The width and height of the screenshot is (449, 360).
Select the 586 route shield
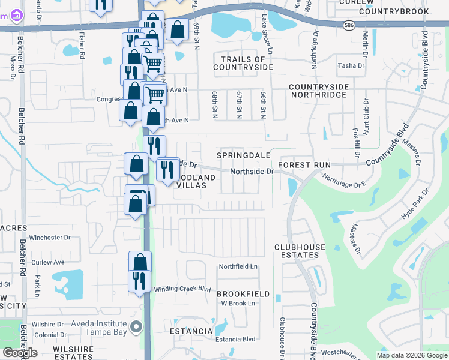click(x=349, y=25)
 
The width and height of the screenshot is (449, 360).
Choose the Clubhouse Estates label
click(x=300, y=251)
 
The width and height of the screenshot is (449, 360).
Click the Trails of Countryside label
click(x=243, y=63)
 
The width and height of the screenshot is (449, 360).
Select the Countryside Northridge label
click(x=319, y=91)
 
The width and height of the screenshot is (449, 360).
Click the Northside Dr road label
click(x=253, y=171)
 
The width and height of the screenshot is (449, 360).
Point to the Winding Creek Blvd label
click(x=182, y=289)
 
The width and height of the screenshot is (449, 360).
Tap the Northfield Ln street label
click(x=238, y=266)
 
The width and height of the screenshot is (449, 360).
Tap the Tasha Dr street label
click(x=348, y=66)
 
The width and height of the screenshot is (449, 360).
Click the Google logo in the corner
click(x=20, y=353)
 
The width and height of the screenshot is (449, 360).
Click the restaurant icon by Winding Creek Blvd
click(x=139, y=280)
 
